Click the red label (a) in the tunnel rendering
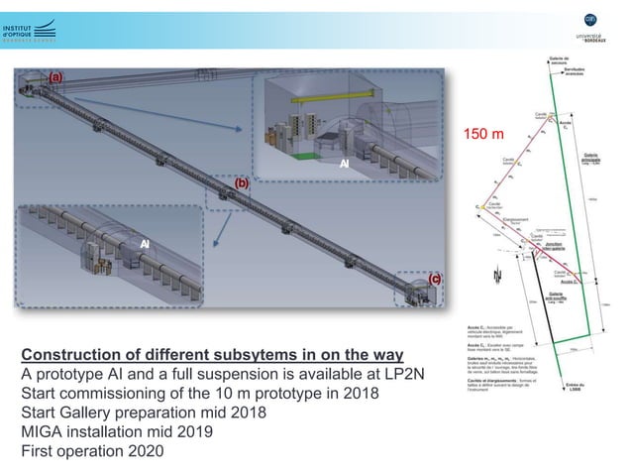point(55,76)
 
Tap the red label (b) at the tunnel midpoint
point(241,184)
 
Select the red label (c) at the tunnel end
point(433,281)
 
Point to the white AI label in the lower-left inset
point(144,244)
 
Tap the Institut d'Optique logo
point(29,33)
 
